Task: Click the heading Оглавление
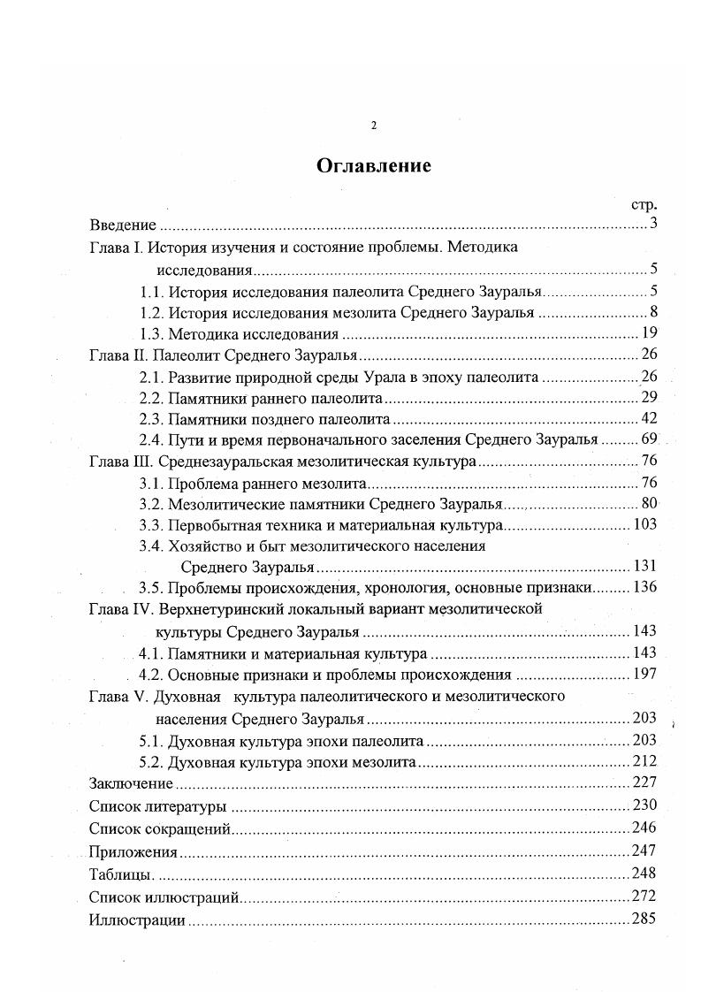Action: [374, 165]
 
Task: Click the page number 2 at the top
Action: [373, 126]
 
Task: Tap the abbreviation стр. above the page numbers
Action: [644, 204]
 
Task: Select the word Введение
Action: [123, 225]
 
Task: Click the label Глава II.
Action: [118, 355]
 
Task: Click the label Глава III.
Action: [121, 462]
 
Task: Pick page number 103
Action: [645, 525]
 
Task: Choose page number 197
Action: [645, 675]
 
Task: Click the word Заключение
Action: [130, 783]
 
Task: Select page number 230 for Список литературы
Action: [644, 805]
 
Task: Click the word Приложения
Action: [133, 852]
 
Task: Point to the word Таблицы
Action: [122, 874]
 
